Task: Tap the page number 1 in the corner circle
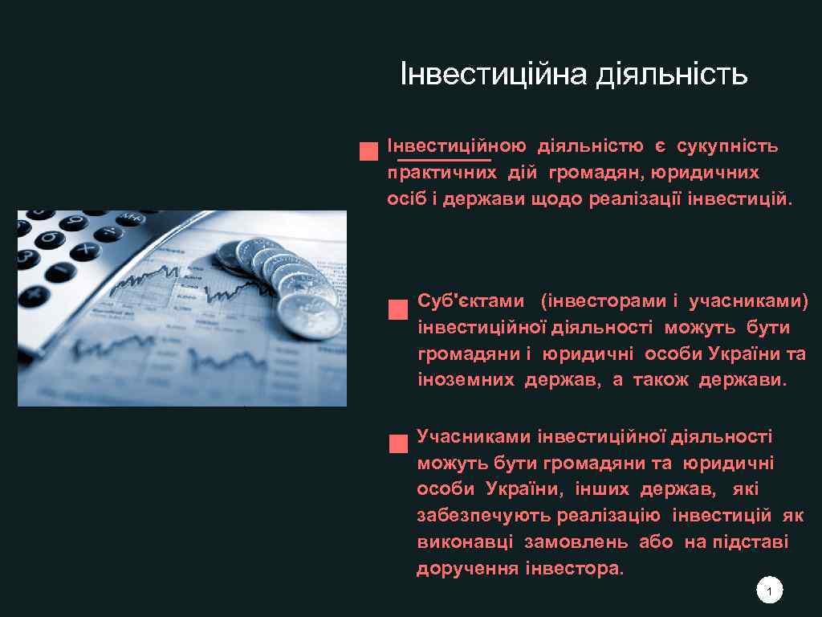coord(769,592)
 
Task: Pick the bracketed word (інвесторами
coord(604,300)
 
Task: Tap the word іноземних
coord(466,380)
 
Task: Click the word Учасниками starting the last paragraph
coord(474,436)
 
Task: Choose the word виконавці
coord(465,541)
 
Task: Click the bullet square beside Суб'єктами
coord(395,310)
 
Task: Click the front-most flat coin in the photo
coord(309,317)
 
